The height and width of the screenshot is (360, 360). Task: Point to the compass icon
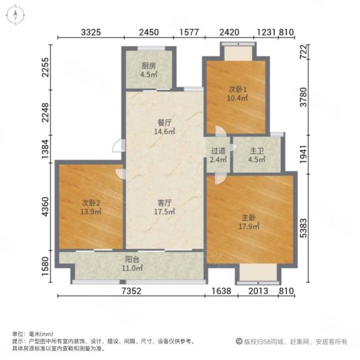[x=14, y=14]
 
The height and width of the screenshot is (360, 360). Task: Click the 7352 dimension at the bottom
[x=131, y=292]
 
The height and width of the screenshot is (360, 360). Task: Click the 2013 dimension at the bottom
[x=257, y=292]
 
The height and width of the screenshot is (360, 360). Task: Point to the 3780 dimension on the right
[x=304, y=98]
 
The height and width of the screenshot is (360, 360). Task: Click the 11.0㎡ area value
[x=133, y=268]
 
